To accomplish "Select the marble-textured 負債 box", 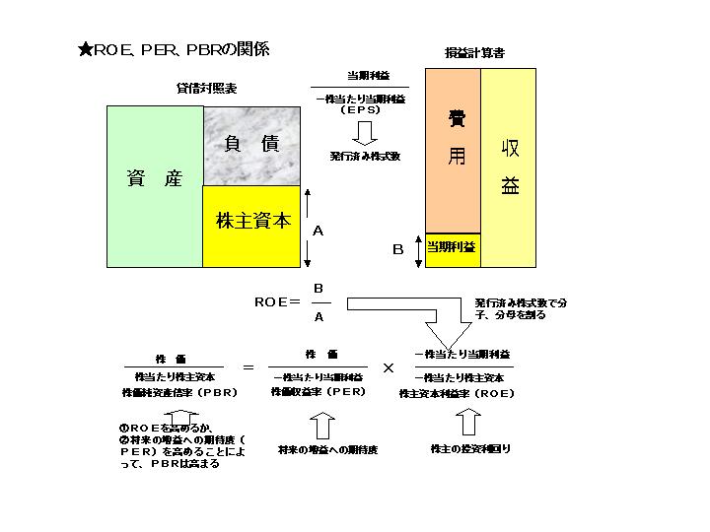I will [x=251, y=145].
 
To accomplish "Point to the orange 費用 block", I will [x=453, y=148].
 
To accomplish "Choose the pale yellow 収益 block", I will [x=509, y=167].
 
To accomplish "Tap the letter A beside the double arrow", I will [x=318, y=230].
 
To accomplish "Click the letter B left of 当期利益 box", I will [x=398, y=250].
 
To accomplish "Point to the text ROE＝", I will [x=277, y=303].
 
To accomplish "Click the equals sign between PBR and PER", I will [x=248, y=367].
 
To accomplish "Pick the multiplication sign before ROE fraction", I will [x=389, y=367].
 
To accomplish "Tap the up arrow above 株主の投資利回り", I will [x=468, y=423].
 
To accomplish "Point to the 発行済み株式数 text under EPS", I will [x=365, y=156].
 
